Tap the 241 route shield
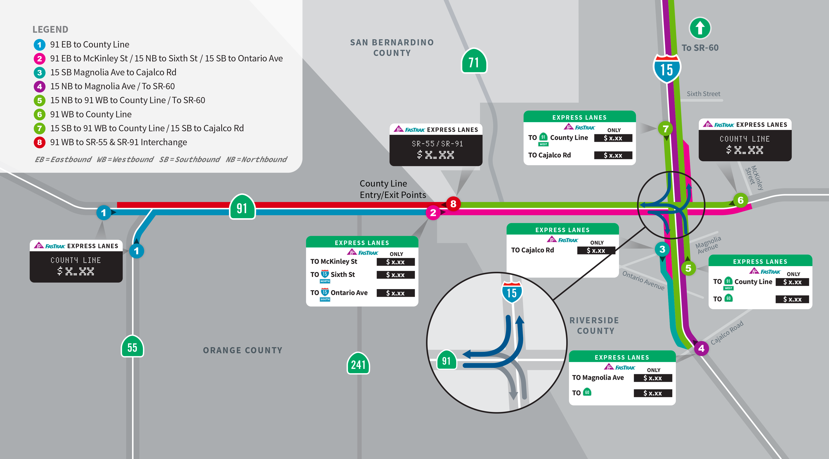pyautogui.click(x=358, y=364)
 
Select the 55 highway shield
pyautogui.click(x=132, y=347)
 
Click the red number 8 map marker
pyautogui.click(x=453, y=204)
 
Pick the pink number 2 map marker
pyautogui.click(x=433, y=213)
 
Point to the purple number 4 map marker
pyautogui.click(x=701, y=348)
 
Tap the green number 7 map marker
pyautogui.click(x=666, y=129)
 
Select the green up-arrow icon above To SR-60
pyautogui.click(x=700, y=28)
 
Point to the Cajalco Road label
pyautogui.click(x=727, y=332)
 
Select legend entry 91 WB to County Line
pyautogui.click(x=91, y=114)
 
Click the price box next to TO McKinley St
pyautogui.click(x=395, y=262)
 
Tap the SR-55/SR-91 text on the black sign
pyautogui.click(x=437, y=144)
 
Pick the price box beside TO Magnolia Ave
pyautogui.click(x=653, y=378)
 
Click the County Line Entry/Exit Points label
pyautogui.click(x=393, y=189)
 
